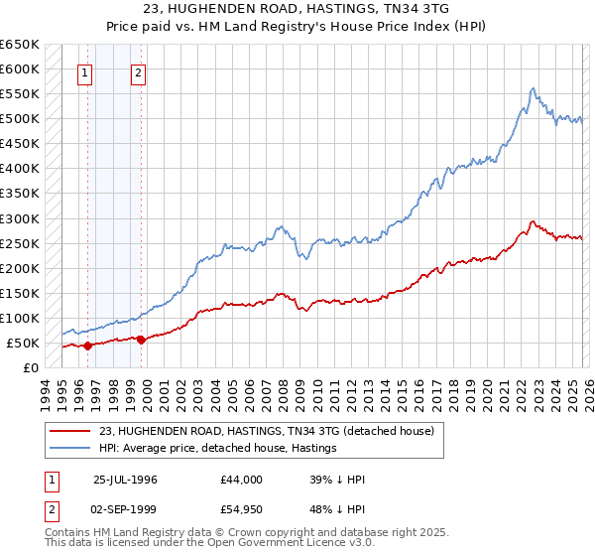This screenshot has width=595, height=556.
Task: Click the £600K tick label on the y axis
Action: coord(20,69)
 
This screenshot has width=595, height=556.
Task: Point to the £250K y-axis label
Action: coord(20,243)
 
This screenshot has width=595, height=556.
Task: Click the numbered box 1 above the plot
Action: coord(85,72)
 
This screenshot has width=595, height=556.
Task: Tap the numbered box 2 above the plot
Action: coord(138,72)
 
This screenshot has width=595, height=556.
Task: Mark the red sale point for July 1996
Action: coord(88,346)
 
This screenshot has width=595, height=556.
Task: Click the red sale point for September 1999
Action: coord(141,340)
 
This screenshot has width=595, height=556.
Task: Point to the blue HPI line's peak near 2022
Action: coord(534,88)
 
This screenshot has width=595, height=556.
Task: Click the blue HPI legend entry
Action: coord(217,449)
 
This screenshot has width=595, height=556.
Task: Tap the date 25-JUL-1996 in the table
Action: coord(126,479)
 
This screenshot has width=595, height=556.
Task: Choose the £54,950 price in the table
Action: coord(242,508)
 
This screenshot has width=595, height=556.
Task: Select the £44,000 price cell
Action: coord(242,479)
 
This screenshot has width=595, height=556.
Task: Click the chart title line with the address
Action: coord(297,9)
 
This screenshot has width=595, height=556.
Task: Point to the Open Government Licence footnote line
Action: coord(193,545)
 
